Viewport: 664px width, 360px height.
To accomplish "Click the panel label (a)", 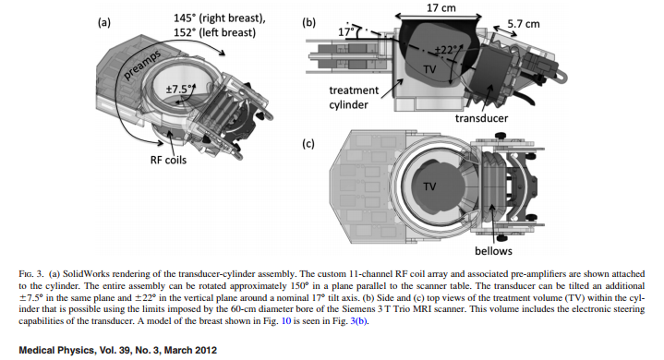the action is (x=104, y=22).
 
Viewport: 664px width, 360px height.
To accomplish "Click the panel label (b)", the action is (x=308, y=22).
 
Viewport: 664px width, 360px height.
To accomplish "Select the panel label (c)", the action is (x=308, y=144).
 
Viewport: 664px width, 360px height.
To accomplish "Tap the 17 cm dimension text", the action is (x=441, y=7).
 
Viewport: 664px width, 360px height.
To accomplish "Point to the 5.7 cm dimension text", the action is (x=524, y=24).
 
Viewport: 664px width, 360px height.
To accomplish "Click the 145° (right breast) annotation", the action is (x=220, y=18).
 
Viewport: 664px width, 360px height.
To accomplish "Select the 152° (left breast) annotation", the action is (x=214, y=32).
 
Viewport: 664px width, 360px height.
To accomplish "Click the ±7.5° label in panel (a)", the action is (x=179, y=90).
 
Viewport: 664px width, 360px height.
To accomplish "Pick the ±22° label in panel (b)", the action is (x=446, y=50).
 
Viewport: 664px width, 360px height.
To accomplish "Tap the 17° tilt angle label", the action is (x=346, y=32).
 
